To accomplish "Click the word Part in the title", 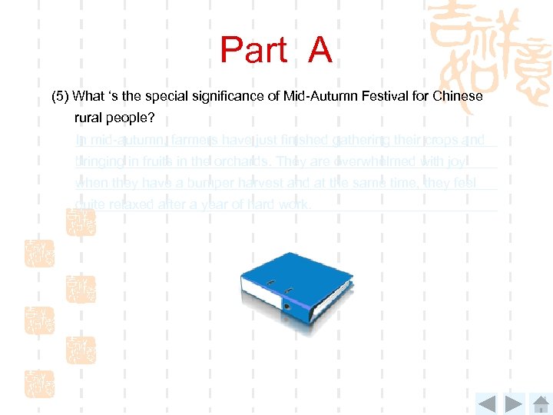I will [x=253, y=50].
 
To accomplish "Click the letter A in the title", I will [x=320, y=50].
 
